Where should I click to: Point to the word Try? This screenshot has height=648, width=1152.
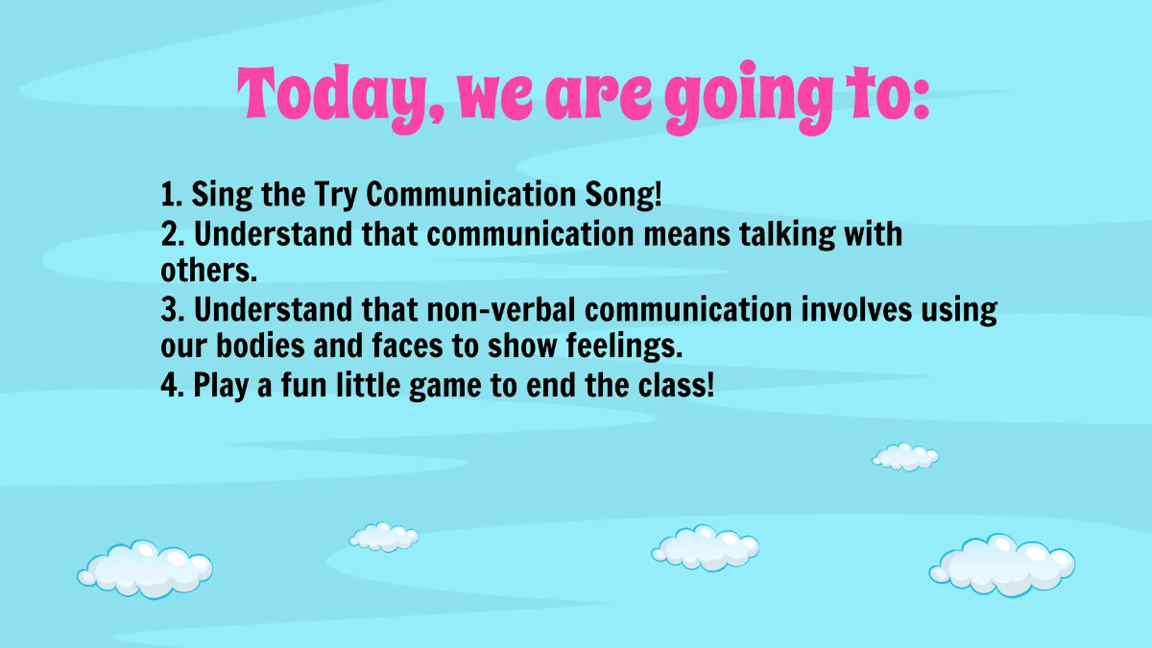(x=335, y=195)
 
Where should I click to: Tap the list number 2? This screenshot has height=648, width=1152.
(x=169, y=233)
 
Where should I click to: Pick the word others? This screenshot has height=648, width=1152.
(x=208, y=270)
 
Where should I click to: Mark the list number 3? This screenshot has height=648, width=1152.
(x=169, y=310)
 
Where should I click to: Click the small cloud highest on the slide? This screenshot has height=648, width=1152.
(x=905, y=457)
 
